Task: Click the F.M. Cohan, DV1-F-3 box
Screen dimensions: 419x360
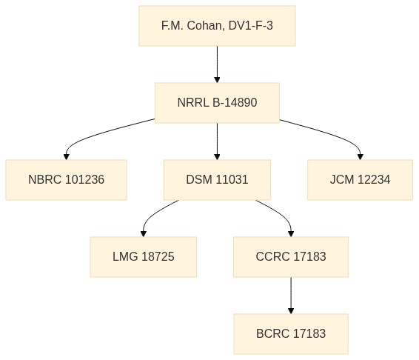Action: [217, 26]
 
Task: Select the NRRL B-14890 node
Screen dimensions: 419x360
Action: [217, 103]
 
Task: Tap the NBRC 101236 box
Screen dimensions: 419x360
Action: [67, 180]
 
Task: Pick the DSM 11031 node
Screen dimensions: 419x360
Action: [217, 180]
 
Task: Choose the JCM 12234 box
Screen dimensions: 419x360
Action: [360, 180]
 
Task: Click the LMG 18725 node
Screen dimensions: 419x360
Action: [143, 257]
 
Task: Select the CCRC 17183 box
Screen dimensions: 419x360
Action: [291, 257]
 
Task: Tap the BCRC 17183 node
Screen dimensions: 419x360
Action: [291, 334]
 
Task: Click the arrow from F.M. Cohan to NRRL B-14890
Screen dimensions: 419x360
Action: [217, 64]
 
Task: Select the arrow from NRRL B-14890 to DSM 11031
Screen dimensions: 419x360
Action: [217, 141]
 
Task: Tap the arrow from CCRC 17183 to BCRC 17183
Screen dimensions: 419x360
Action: [291, 296]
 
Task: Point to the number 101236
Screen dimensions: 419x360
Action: [84, 179]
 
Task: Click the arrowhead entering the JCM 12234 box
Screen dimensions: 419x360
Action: [361, 157]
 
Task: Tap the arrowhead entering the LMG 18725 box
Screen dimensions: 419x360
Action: [144, 234]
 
